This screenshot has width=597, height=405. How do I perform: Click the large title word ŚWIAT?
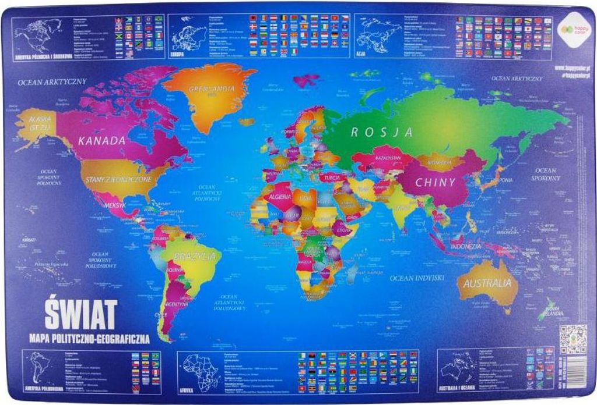click(x=81, y=314)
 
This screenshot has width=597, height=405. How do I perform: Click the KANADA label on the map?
click(x=102, y=140)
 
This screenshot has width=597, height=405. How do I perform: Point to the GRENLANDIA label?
click(x=212, y=89)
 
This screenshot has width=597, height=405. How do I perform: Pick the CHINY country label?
click(x=435, y=182)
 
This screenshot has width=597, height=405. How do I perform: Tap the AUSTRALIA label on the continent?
click(x=488, y=284)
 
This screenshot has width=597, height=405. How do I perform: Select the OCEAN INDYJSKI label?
click(x=417, y=278)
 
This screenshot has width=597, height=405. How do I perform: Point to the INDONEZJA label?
click(x=465, y=246)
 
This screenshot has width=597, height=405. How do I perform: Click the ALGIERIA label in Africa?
click(x=280, y=197)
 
